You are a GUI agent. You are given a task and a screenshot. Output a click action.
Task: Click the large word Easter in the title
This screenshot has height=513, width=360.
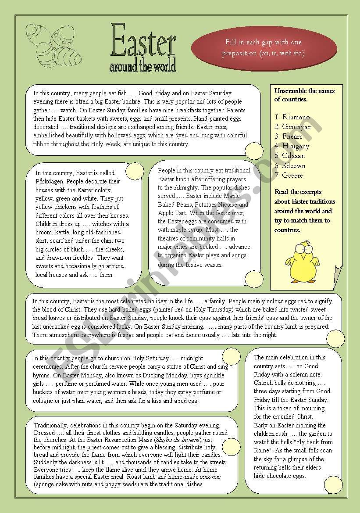(143, 40)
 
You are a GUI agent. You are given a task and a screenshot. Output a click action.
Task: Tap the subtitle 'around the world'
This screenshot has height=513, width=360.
(143, 66)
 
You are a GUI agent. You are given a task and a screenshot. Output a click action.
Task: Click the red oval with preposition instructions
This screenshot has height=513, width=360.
(264, 48)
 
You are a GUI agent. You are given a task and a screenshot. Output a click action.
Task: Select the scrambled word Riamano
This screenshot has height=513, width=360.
(296, 117)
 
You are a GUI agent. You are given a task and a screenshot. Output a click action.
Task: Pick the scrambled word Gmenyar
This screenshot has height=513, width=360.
(296, 127)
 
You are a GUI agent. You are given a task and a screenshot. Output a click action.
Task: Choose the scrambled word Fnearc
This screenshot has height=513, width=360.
(292, 136)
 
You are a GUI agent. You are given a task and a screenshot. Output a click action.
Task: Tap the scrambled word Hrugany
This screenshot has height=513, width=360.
(296, 146)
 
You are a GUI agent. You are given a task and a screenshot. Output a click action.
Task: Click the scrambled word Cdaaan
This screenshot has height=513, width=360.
(293, 156)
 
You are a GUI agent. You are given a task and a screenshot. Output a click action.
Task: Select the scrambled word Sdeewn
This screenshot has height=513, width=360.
(294, 166)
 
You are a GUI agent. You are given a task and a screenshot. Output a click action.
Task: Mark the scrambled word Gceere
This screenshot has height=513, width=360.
(292, 176)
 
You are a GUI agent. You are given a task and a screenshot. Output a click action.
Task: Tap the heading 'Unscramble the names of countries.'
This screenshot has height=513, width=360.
(304, 95)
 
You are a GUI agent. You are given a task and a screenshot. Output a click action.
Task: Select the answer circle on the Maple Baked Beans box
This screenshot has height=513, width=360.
(253, 279)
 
